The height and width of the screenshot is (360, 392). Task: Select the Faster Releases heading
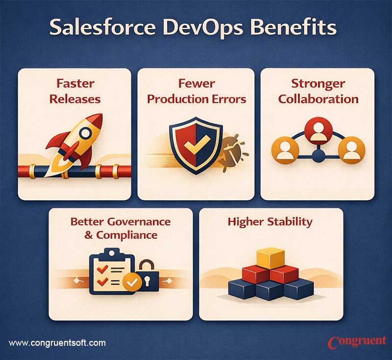pos(74,92)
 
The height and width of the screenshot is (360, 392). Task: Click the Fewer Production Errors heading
pos(196,92)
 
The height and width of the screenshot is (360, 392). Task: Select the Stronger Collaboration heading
pos(318,92)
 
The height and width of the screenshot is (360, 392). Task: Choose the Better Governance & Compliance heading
pos(121,228)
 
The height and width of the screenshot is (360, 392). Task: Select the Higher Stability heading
pos(270,221)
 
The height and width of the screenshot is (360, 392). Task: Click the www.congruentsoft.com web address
pos(57,343)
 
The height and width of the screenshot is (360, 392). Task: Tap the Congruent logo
pos(357,341)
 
